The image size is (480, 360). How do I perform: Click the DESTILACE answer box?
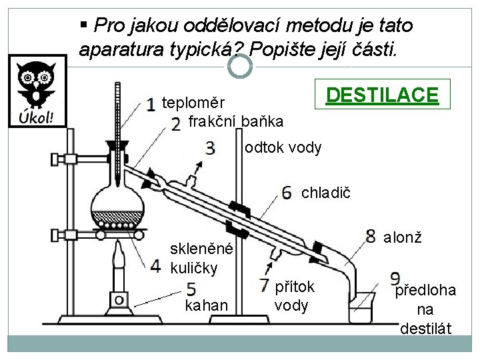tap(381, 96)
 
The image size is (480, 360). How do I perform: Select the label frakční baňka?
tap(236, 122)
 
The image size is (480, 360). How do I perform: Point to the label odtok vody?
tap(283, 147)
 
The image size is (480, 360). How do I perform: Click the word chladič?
tap(324, 193)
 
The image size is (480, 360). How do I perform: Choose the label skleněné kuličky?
tap(202, 259)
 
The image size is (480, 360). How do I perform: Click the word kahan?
tap(207, 305)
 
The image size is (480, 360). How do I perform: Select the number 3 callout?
tap(210, 147)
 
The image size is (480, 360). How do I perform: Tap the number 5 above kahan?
tap(191, 289)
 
